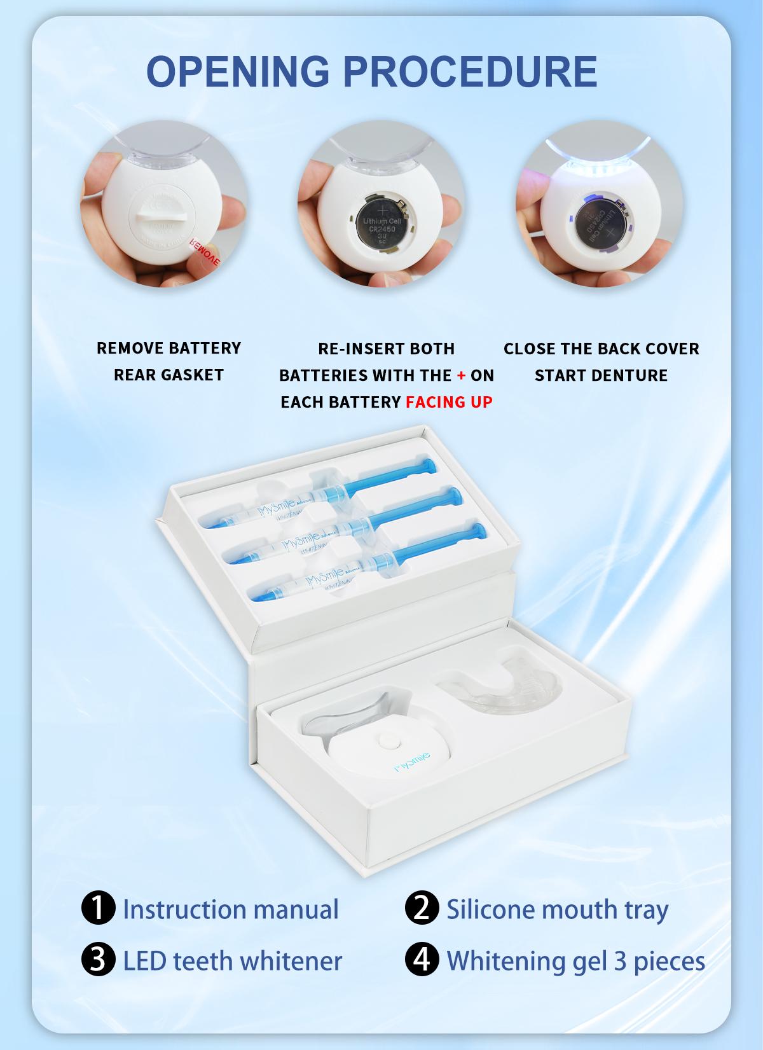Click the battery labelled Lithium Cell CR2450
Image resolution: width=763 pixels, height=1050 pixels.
click(380, 221)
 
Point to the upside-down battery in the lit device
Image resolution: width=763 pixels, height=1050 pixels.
click(597, 222)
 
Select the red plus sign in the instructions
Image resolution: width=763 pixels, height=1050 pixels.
click(462, 375)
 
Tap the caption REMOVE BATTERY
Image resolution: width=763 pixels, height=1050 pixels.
click(168, 348)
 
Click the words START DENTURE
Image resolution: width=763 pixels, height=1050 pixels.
click(601, 375)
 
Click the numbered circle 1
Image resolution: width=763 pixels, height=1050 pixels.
click(99, 909)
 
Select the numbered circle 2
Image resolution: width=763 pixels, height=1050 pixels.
click(422, 909)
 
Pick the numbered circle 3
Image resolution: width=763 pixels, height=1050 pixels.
click(99, 960)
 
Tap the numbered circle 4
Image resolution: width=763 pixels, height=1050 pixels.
click(422, 960)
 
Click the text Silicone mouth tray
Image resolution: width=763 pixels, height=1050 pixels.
click(557, 909)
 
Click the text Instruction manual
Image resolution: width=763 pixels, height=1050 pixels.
click(230, 909)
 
